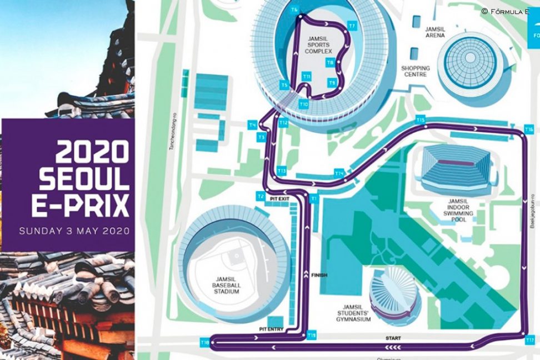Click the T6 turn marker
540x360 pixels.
click(x=294, y=10)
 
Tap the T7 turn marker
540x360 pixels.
click(x=352, y=26)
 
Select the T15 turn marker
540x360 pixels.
click(x=421, y=120)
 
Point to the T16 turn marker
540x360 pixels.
click(x=529, y=129)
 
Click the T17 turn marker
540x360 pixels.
click(x=529, y=339)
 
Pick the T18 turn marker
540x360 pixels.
click(x=205, y=343)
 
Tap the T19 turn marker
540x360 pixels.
click(x=312, y=335)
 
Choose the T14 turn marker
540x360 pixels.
click(x=339, y=174)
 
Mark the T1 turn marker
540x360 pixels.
click(x=314, y=198)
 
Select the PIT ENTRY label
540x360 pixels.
click(x=271, y=329)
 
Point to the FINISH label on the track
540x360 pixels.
click(x=320, y=276)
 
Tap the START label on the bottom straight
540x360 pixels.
click(x=393, y=338)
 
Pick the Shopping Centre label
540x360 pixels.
click(x=415, y=71)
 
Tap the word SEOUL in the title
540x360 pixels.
click(x=84, y=179)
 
